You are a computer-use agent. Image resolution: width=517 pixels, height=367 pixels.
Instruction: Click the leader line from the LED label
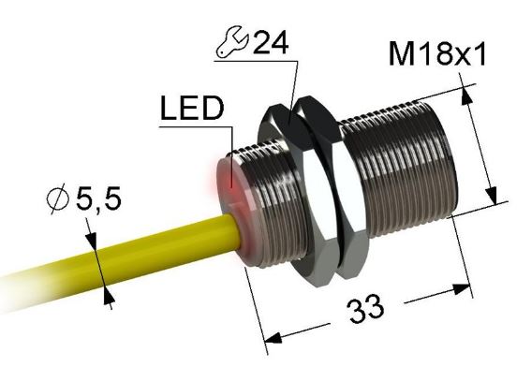pos(226,140)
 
